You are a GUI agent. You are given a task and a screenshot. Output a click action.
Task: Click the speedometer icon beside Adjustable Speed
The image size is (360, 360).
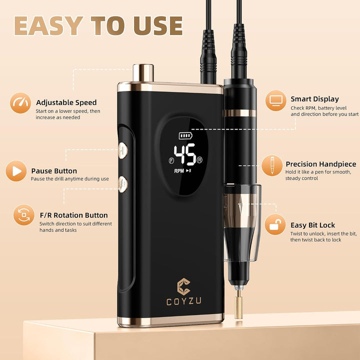pyautogui.click(x=20, y=103)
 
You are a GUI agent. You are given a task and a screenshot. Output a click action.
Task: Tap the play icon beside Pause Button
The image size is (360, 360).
pyautogui.click(x=16, y=171)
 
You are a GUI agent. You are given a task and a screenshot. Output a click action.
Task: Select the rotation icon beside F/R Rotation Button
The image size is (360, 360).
pyautogui.click(x=24, y=215)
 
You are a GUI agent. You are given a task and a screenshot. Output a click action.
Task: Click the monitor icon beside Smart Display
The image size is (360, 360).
pyautogui.click(x=275, y=100)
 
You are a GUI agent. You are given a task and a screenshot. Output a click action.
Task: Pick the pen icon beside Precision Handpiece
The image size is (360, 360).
pyautogui.click(x=272, y=165)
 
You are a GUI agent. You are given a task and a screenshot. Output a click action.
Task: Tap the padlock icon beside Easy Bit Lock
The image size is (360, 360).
pyautogui.click(x=275, y=224)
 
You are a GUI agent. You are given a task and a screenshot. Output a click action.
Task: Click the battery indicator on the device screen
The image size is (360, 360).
pyautogui.click(x=185, y=135)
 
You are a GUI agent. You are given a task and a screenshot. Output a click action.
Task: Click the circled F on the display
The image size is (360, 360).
pyautogui.click(x=171, y=160)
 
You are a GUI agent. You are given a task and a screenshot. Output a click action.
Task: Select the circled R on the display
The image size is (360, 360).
pyautogui.click(x=199, y=160)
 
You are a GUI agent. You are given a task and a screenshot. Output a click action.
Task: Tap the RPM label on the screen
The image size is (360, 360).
pyautogui.click(x=179, y=171)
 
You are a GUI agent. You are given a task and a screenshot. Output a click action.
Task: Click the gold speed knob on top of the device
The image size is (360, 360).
pyautogui.click(x=143, y=73)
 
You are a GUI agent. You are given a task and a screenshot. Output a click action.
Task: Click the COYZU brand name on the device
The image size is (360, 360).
pyautogui.click(x=183, y=301)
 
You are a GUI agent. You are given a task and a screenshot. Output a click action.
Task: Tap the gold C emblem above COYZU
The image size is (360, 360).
pyautogui.click(x=183, y=286)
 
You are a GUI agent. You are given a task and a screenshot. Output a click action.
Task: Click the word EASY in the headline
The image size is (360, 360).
pyautogui.click(x=48, y=25)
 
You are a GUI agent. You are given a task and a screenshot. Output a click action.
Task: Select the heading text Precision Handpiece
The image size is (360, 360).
pyautogui.click(x=321, y=164)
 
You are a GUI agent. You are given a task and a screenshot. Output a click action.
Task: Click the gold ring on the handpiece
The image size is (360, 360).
pyautogui.click(x=240, y=113)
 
